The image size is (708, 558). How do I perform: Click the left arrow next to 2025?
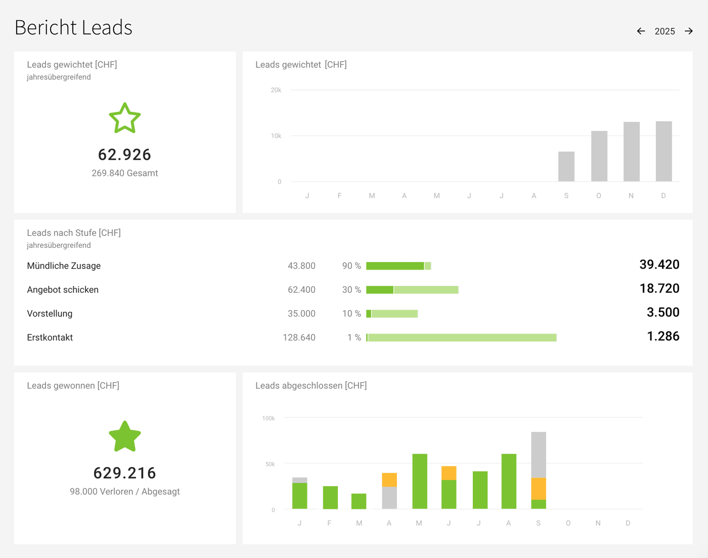click(641, 31)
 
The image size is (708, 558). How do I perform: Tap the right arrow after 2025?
click(689, 31)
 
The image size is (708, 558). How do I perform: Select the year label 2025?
click(665, 31)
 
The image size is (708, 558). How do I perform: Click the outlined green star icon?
click(125, 119)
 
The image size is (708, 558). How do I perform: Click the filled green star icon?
click(125, 437)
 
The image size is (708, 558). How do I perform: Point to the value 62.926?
click(125, 155)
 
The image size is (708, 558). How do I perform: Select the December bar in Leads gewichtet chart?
click(663, 151)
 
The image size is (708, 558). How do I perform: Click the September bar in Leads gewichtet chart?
click(566, 166)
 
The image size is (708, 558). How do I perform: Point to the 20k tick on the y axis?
click(276, 90)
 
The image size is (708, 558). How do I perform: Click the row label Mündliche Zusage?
click(64, 266)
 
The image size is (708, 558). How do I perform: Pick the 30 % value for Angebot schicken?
click(351, 290)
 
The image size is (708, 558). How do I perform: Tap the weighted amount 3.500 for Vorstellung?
click(662, 313)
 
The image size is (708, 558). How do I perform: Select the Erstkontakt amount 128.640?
click(299, 337)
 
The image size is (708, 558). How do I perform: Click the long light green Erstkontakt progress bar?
click(461, 337)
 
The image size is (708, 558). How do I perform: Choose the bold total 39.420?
click(659, 265)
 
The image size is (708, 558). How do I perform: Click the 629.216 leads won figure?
click(125, 473)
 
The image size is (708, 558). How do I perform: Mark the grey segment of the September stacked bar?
click(539, 454)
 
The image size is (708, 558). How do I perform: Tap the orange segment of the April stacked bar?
click(389, 480)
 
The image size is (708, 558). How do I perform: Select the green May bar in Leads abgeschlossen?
click(420, 481)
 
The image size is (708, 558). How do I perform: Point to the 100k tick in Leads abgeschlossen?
click(269, 418)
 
